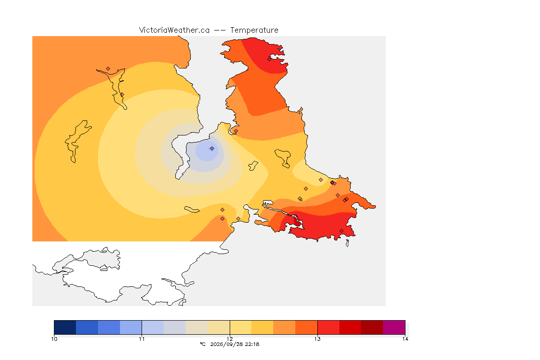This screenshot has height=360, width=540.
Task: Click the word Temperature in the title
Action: pos(254,30)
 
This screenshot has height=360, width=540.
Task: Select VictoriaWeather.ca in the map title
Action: pos(174,30)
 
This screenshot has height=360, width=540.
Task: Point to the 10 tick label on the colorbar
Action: pos(54,339)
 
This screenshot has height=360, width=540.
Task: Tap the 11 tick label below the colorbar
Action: pos(142,339)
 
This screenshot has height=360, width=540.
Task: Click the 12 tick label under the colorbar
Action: pos(230,339)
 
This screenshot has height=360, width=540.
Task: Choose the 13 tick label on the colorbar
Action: pos(317,339)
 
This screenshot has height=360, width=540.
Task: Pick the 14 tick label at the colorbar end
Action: pos(405,339)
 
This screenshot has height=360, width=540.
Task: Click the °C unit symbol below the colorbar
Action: pos(202,344)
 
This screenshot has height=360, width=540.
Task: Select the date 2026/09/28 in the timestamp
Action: pos(224,344)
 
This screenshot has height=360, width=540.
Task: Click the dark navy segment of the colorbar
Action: pos(65,327)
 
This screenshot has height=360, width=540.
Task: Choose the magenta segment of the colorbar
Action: pos(394,327)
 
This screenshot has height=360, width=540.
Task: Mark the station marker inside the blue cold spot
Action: pos(212,149)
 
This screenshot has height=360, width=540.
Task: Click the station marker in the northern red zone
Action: pos(270,59)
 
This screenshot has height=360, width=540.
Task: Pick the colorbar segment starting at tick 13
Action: pos(328,327)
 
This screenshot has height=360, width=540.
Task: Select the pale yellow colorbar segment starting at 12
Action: pos(240,327)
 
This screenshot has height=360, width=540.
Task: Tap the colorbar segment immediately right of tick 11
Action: pos(152,327)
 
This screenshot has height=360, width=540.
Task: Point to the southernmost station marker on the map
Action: pos(341,231)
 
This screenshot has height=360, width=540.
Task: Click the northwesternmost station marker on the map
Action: pos(108,69)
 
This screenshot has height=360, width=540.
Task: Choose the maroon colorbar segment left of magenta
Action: pos(372,327)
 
